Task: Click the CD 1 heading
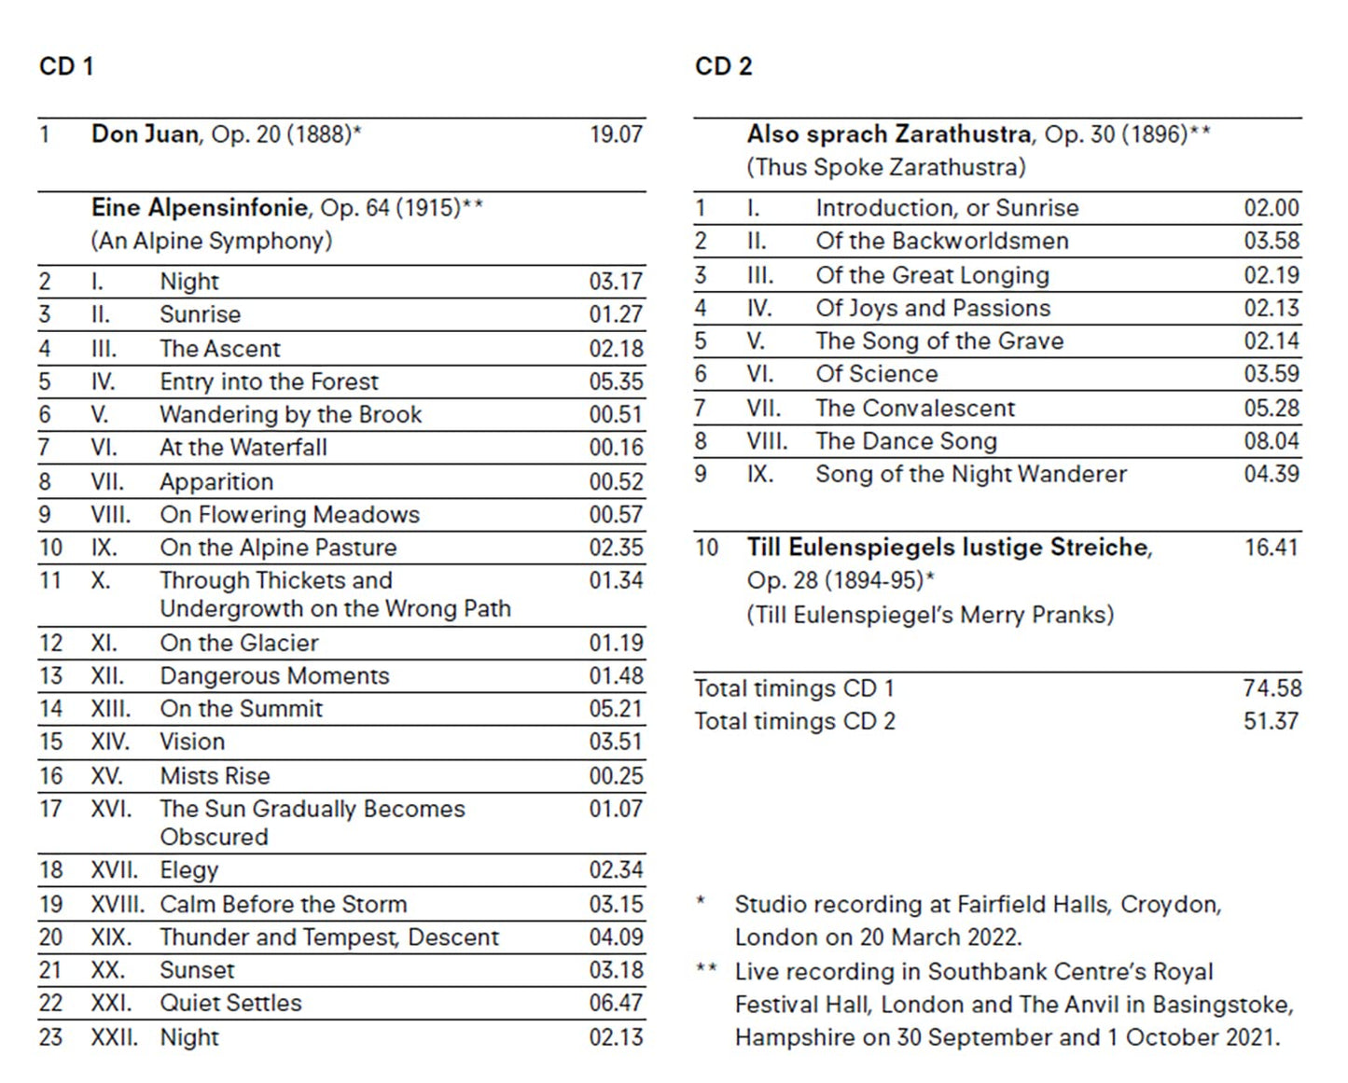tap(66, 66)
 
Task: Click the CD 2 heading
tap(723, 66)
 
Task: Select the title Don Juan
tap(145, 134)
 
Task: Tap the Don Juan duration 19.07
tap(616, 134)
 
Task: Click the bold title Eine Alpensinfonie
tap(200, 207)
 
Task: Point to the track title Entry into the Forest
tap(269, 382)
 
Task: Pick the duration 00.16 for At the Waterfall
tap(616, 448)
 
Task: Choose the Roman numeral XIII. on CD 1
tap(110, 709)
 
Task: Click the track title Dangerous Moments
tap(274, 675)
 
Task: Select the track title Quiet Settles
tap(230, 1003)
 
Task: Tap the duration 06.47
tap(616, 1003)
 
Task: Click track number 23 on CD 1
tap(50, 1037)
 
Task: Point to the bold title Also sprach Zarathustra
tap(888, 134)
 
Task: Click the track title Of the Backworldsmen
tap(942, 241)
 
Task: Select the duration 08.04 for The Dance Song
tap(1272, 440)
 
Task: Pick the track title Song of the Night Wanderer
tap(971, 474)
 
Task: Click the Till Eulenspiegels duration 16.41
tap(1271, 548)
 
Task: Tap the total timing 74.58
tap(1272, 688)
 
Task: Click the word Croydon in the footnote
tap(1170, 905)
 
